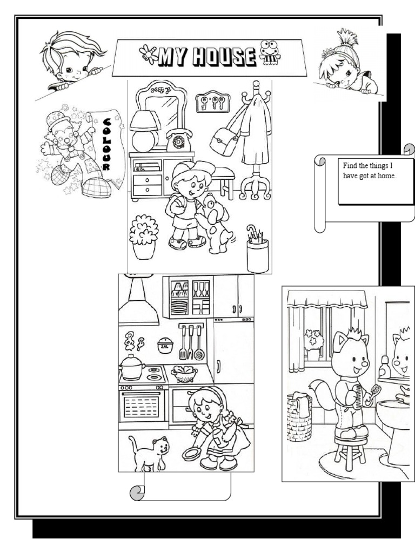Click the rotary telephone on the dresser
[x=179, y=140]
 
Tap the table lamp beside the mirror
[x=145, y=131]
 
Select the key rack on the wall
[x=213, y=103]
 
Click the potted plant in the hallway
[x=144, y=237]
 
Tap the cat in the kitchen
[x=149, y=453]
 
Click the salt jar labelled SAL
[x=165, y=346]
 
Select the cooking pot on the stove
[x=132, y=367]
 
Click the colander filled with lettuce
[x=184, y=374]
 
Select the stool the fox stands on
[x=350, y=453]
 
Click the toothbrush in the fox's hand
[x=374, y=392]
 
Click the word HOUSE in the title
[x=224, y=57]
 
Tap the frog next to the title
[x=270, y=52]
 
